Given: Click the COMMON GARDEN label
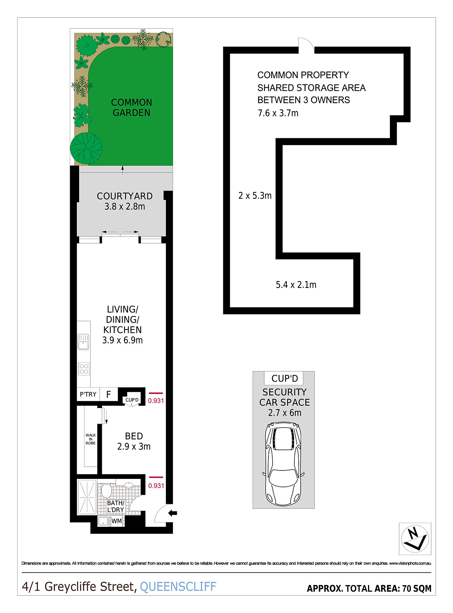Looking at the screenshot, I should pyautogui.click(x=131, y=108).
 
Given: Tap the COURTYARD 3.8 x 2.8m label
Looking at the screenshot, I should pyautogui.click(x=124, y=201).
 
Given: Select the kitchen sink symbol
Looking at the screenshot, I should pyautogui.click(x=83, y=342).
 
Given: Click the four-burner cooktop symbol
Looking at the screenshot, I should pyautogui.click(x=84, y=369).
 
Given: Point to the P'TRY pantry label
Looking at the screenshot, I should pyautogui.click(x=88, y=394).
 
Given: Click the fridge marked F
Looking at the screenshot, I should pyautogui.click(x=109, y=394).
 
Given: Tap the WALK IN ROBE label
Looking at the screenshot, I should pyautogui.click(x=90, y=439).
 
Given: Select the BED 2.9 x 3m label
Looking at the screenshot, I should pyautogui.click(x=134, y=441).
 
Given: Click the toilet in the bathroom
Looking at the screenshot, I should pyautogui.click(x=106, y=491).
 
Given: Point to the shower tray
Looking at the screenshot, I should pyautogui.click(x=87, y=497).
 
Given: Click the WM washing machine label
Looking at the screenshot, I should pyautogui.click(x=117, y=521).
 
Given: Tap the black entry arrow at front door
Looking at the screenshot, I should pyautogui.click(x=173, y=513).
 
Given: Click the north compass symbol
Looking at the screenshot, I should pyautogui.click(x=415, y=538).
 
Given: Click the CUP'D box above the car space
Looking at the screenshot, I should pyautogui.click(x=284, y=379).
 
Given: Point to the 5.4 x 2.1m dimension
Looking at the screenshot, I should pyautogui.click(x=296, y=285).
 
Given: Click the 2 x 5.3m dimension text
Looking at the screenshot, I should pyautogui.click(x=255, y=196).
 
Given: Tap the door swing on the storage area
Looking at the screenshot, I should pyautogui.click(x=306, y=45).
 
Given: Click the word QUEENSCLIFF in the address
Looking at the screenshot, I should pyautogui.click(x=178, y=587).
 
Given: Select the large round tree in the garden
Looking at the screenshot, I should pyautogui.click(x=86, y=148).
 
